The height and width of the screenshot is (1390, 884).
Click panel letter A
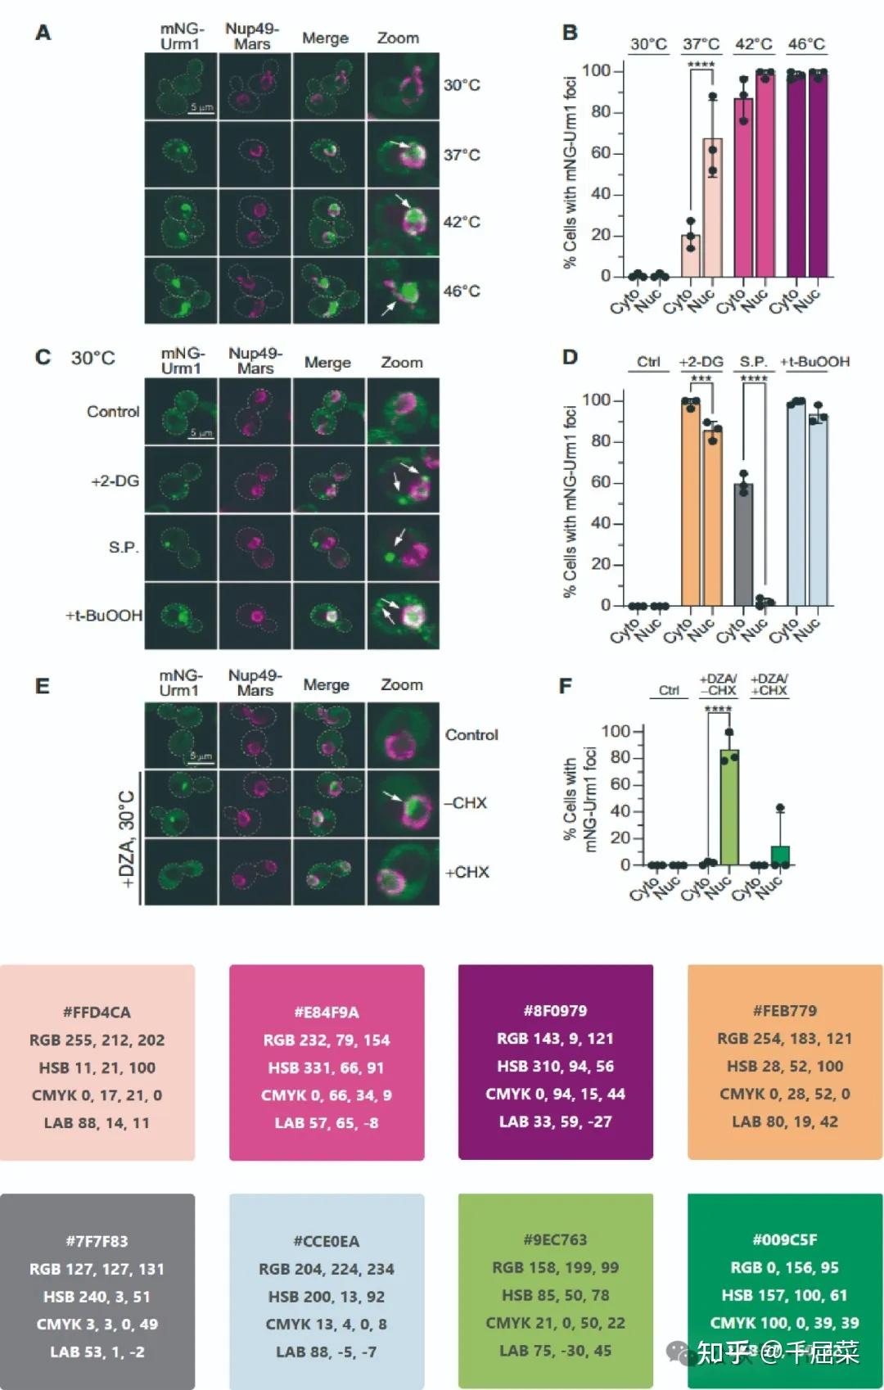(x=43, y=34)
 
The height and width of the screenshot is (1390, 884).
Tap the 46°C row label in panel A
(x=462, y=291)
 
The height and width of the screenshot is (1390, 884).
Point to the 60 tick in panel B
(x=601, y=153)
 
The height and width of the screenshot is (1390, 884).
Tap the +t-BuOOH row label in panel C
(x=104, y=615)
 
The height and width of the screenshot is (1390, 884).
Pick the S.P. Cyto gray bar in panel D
(x=743, y=544)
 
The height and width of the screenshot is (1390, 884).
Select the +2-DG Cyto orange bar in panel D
(x=691, y=503)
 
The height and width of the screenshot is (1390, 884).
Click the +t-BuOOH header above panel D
(x=814, y=362)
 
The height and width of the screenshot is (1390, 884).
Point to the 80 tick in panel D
(x=601, y=441)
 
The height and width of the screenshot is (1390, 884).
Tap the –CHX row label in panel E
(x=465, y=803)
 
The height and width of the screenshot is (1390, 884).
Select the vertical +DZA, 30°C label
(x=127, y=838)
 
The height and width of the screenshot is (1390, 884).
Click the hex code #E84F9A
(x=327, y=1012)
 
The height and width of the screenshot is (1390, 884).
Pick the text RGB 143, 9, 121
(x=555, y=1038)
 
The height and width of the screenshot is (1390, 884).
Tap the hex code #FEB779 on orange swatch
(x=785, y=1010)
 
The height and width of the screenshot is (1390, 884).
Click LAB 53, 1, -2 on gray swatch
(x=97, y=1352)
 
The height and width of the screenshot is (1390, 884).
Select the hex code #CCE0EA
(x=327, y=1241)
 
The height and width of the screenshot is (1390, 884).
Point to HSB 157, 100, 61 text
(x=785, y=1295)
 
